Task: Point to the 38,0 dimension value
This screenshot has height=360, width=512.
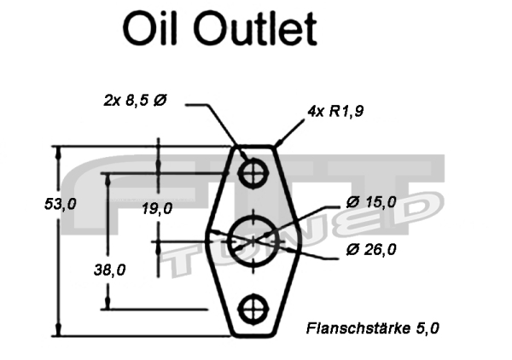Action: (x=109, y=270)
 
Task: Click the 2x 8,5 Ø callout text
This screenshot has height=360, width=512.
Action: (x=135, y=101)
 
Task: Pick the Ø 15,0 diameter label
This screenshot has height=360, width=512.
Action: (x=372, y=202)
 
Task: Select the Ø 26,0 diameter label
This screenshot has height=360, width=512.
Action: (x=372, y=249)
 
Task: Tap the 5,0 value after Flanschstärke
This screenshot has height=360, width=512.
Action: (x=427, y=327)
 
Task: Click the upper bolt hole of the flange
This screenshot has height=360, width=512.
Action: (x=253, y=173)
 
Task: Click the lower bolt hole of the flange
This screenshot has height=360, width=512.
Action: (x=253, y=309)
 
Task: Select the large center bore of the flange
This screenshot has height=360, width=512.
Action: (x=253, y=241)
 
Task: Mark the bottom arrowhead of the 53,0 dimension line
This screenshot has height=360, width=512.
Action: (x=58, y=330)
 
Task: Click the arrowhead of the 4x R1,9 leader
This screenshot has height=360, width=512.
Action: (x=278, y=145)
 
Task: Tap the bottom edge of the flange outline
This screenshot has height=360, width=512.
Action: (x=253, y=335)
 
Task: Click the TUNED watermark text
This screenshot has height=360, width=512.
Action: (x=299, y=239)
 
